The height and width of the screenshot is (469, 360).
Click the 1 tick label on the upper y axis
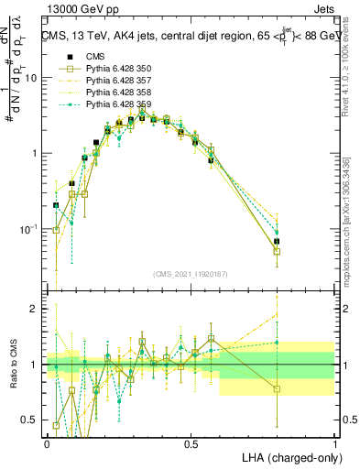[34, 153]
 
